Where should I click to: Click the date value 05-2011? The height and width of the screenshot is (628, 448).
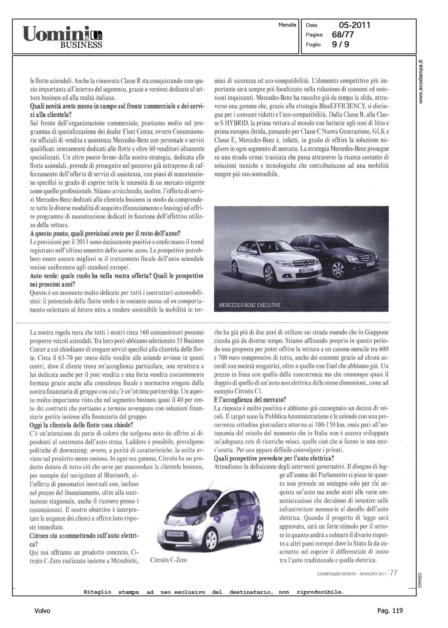(354, 25)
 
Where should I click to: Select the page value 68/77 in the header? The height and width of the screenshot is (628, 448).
(343, 35)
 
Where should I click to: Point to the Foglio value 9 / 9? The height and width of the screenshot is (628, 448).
(340, 44)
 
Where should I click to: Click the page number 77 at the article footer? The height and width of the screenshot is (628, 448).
(394, 573)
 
